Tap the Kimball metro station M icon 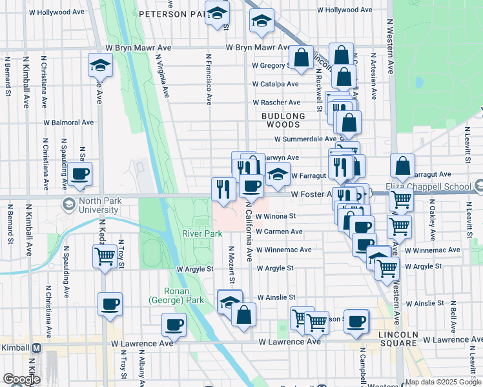[37, 347]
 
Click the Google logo [21, 379]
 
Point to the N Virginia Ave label [163, 75]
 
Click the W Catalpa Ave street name [276, 84]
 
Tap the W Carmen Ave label [279, 232]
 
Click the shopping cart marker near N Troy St [105, 257]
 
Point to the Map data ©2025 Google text [443, 382]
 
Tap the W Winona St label [276, 217]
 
